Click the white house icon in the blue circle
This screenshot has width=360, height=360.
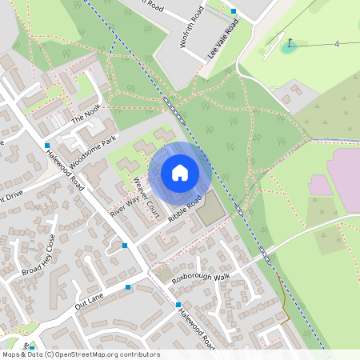click(180, 173)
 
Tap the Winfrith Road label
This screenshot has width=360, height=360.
click(194, 27)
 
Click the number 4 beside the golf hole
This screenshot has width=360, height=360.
click(337, 43)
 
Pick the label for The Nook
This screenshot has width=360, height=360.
click(88, 118)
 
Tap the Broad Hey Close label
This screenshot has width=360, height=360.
click(39, 253)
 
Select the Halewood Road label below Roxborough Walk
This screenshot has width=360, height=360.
click(197, 328)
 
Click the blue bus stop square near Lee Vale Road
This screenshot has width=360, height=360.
click(234, 11)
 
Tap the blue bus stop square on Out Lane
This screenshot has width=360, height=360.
click(128, 286)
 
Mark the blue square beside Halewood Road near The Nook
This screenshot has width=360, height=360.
click(47, 146)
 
